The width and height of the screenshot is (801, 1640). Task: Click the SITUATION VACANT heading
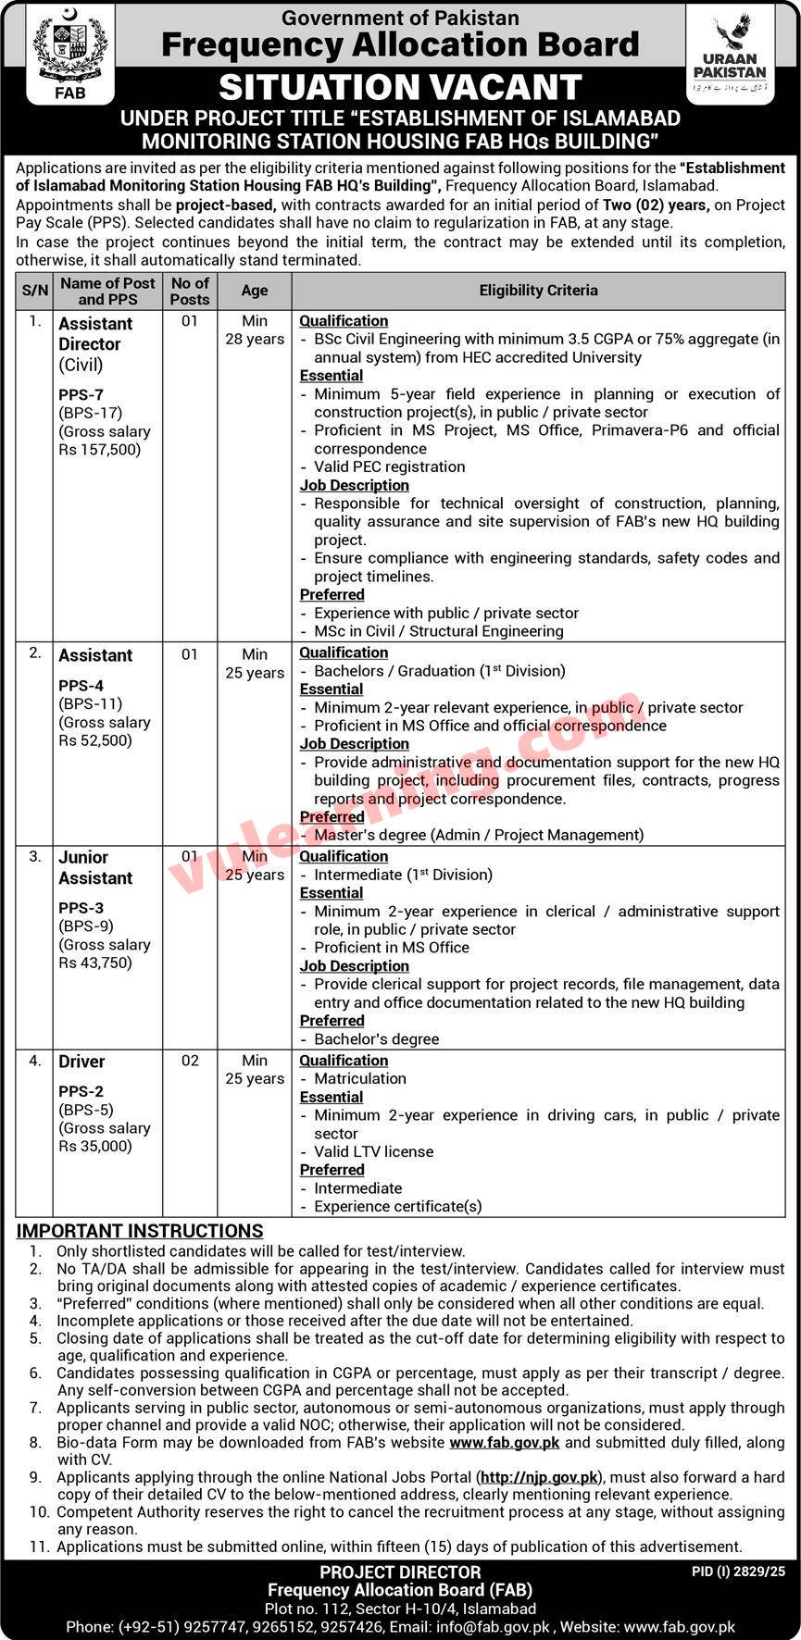click(x=400, y=87)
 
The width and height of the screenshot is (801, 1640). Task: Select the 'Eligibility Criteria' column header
click(x=538, y=290)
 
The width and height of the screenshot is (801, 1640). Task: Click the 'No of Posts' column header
click(x=190, y=291)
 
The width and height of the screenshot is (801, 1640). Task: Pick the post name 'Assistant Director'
click(x=95, y=333)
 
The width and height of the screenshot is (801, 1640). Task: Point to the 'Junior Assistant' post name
click(x=95, y=867)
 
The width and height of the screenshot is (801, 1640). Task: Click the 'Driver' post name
click(x=81, y=1062)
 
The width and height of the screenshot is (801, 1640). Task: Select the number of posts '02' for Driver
click(x=190, y=1061)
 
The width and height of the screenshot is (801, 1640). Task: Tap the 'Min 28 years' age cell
click(x=255, y=329)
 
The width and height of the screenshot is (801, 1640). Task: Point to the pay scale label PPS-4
click(x=80, y=686)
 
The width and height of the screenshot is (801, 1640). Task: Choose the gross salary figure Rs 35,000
click(x=95, y=1146)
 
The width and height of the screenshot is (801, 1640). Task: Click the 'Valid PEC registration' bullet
click(x=389, y=466)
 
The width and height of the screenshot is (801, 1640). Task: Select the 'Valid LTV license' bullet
click(x=373, y=1151)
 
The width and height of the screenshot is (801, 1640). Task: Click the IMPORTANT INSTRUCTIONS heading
click(x=140, y=1231)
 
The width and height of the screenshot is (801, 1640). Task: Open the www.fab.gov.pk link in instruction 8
click(x=505, y=1443)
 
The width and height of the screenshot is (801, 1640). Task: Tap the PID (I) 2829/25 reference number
click(x=738, y=1571)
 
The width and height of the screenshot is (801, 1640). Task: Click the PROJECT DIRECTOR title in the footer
click(x=400, y=1572)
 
